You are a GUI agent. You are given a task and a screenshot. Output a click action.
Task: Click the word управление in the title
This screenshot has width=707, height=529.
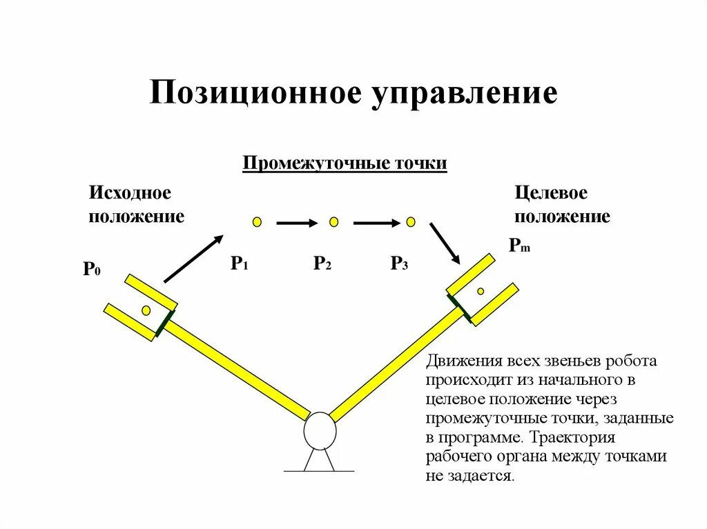click(x=465, y=94)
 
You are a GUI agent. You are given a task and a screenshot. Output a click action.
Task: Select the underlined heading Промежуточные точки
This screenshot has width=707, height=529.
click(x=345, y=164)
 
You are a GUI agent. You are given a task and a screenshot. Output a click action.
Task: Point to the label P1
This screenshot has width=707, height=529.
click(x=239, y=263)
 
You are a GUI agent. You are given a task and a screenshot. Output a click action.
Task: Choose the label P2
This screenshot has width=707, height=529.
click(x=322, y=263)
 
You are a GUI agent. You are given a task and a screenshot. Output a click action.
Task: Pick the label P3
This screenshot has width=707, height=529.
click(x=399, y=263)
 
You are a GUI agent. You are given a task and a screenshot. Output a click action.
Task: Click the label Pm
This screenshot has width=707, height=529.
click(x=519, y=246)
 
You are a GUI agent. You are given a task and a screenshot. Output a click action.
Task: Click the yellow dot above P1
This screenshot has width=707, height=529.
click(x=257, y=221)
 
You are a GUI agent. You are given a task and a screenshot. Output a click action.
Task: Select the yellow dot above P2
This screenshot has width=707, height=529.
click(x=334, y=221)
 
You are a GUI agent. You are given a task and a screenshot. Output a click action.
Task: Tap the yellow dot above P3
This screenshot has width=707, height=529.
click(x=411, y=221)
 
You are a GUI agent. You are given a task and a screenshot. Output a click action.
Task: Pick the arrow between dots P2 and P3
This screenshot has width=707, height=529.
click(x=376, y=223)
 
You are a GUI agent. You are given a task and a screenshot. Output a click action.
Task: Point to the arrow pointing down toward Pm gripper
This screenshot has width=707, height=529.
click(x=445, y=242)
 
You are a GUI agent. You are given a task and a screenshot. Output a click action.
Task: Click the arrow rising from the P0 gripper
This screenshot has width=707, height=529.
click(x=194, y=259)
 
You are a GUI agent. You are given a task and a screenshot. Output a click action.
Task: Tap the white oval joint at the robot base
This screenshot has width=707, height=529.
click(x=320, y=430)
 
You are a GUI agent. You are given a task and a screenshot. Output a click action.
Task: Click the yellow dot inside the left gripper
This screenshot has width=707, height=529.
click(x=146, y=310)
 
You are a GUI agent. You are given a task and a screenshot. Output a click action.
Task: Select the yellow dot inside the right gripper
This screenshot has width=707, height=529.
click(x=481, y=291)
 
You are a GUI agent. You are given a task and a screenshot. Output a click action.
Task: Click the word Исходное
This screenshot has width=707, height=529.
click(x=130, y=193)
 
